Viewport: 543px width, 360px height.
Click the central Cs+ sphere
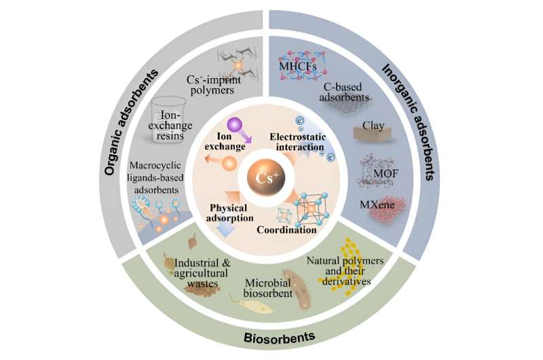271,180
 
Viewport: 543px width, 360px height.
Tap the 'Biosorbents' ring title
270,338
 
